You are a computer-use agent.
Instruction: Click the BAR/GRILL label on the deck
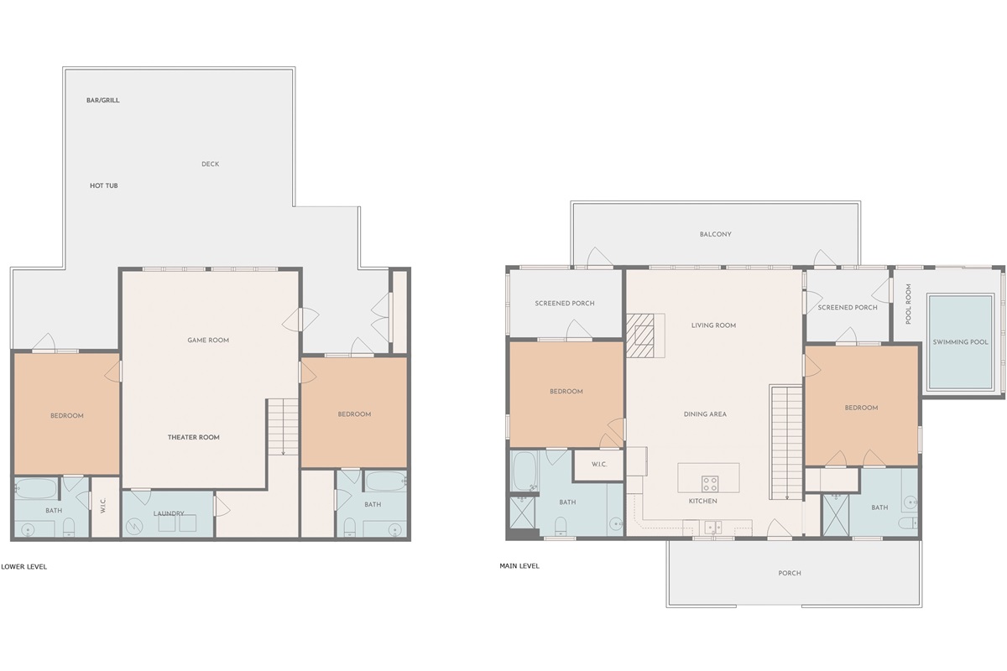point(103,100)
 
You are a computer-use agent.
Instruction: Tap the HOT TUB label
point(104,185)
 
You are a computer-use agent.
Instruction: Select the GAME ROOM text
point(208,341)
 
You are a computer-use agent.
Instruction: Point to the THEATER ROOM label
point(194,437)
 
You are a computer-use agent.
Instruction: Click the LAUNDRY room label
point(169,513)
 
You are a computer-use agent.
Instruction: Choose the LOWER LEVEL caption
point(23,567)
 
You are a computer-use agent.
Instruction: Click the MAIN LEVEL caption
point(519,566)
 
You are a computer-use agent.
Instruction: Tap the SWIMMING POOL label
point(960,342)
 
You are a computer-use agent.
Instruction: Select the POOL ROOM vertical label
point(909,304)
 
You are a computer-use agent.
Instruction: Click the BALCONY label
point(715,234)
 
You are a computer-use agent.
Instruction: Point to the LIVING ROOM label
point(713,325)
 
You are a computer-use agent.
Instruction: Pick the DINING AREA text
point(705,414)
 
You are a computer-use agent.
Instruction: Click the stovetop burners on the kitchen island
point(710,484)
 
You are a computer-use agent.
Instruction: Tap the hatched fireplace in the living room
point(640,335)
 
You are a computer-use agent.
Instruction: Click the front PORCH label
point(790,573)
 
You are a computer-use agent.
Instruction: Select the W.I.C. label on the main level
point(599,465)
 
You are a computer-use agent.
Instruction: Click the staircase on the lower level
point(284,427)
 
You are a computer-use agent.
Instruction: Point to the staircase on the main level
point(787,443)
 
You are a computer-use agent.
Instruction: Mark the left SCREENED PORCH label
point(565,304)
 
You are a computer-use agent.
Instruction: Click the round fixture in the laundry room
point(134,526)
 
